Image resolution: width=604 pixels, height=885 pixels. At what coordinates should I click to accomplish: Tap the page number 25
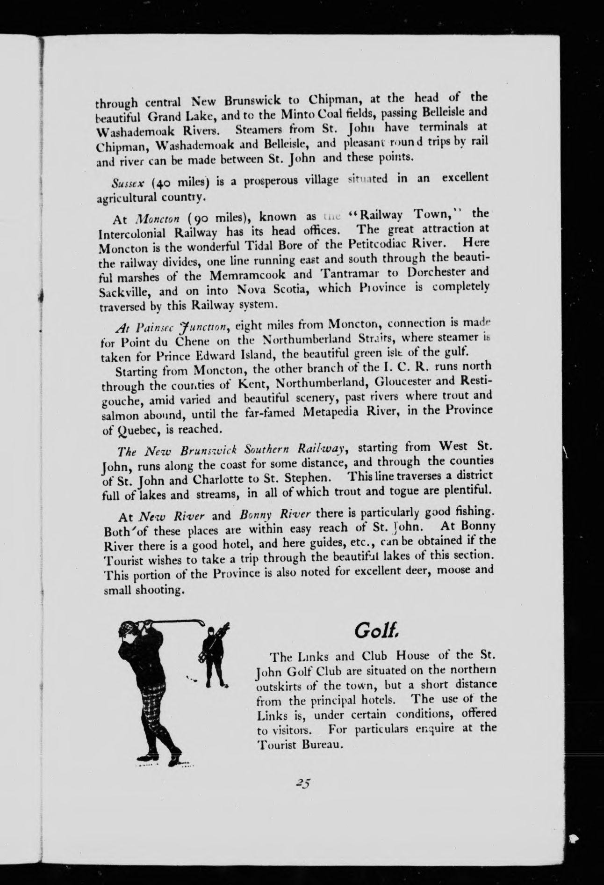pyautogui.click(x=303, y=784)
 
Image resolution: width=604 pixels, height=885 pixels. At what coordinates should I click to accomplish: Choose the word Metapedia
pyautogui.click(x=338, y=412)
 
